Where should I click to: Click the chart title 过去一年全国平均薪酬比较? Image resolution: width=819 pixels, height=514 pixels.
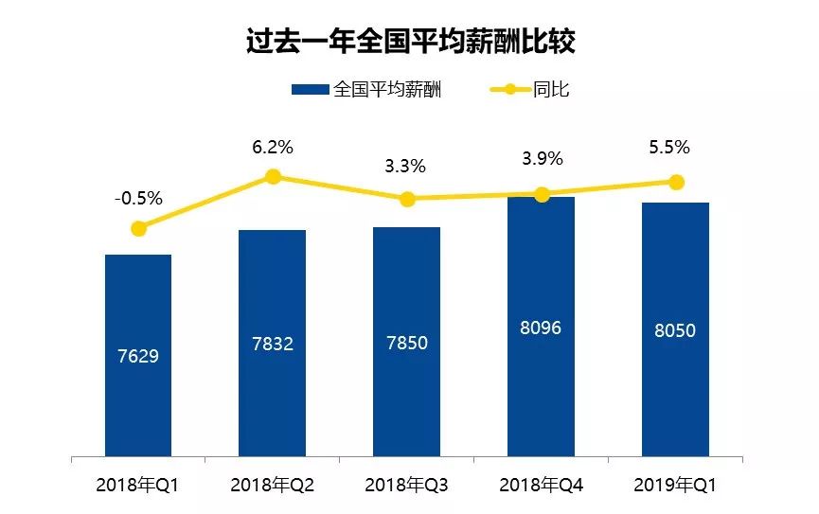point(411,42)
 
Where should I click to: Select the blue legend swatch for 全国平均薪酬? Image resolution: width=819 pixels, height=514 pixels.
point(311,90)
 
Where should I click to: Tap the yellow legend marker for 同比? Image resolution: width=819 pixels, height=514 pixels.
point(509,89)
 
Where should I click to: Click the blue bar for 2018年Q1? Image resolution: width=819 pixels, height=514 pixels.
point(138,355)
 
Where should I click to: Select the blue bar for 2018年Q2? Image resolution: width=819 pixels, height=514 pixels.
point(272,344)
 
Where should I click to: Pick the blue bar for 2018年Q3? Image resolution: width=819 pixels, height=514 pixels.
point(406,342)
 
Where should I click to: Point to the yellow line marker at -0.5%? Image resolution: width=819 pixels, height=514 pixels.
point(138,228)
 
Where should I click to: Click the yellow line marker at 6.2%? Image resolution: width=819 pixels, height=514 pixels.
point(273,177)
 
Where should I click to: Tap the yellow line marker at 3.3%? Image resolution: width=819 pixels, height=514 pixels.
point(407,199)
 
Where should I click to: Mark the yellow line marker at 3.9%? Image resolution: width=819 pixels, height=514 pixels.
point(542,195)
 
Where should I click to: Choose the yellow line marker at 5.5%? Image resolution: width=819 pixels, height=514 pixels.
point(676,183)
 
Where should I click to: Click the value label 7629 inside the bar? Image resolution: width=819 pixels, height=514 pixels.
point(138,356)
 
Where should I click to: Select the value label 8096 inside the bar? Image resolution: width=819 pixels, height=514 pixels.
point(541,328)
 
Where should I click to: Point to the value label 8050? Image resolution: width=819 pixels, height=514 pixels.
point(675,330)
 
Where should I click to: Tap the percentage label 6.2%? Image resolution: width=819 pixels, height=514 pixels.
point(273,148)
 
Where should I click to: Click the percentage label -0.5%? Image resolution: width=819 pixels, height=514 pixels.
point(138,199)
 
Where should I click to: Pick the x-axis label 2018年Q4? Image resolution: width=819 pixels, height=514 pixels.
point(542,486)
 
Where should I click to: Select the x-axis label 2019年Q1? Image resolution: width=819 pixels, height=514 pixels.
point(675,486)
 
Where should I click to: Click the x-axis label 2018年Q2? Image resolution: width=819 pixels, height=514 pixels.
point(272,486)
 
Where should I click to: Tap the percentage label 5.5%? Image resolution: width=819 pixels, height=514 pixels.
point(669,148)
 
